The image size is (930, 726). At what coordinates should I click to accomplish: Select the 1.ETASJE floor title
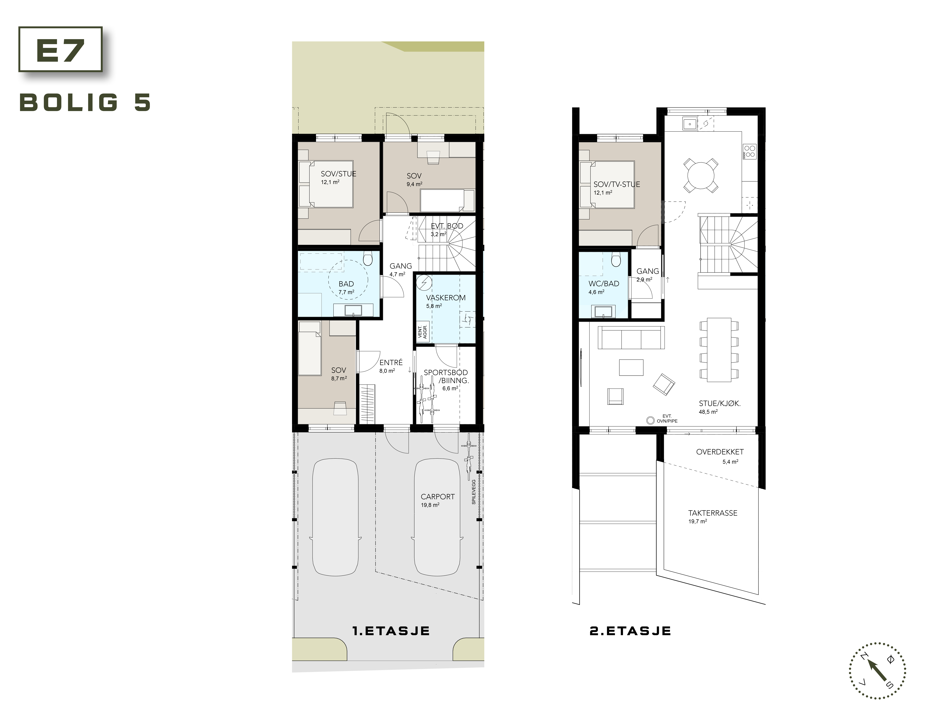tap(391, 631)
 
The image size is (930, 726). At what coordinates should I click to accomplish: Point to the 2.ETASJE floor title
tap(630, 631)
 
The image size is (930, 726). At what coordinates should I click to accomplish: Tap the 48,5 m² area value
tap(708, 412)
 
